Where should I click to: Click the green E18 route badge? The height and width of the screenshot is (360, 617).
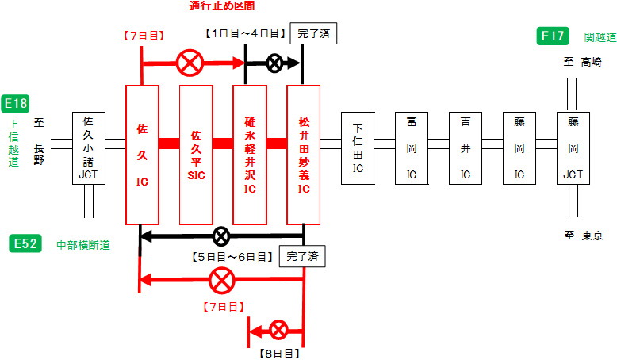point(16,103)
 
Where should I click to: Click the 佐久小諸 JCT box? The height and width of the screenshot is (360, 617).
point(88,148)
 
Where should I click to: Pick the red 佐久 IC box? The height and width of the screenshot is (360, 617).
point(142,154)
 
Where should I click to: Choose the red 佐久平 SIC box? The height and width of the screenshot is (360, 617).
point(196,154)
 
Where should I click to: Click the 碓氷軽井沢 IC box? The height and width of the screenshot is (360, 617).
point(249,154)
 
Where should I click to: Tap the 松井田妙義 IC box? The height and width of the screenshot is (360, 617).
point(303,154)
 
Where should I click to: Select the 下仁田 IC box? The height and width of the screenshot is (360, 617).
point(358,148)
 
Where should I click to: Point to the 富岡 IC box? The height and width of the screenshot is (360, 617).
point(412,148)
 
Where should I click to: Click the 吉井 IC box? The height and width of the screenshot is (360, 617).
point(466,148)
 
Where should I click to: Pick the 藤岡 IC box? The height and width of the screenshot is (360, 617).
point(519,148)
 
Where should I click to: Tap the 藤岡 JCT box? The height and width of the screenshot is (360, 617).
point(573,148)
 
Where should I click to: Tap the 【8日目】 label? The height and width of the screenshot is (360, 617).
point(278,350)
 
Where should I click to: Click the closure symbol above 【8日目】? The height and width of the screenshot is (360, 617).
point(278,330)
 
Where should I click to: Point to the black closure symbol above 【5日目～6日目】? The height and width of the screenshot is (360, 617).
point(222,236)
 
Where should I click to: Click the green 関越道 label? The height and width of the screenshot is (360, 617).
point(600,36)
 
